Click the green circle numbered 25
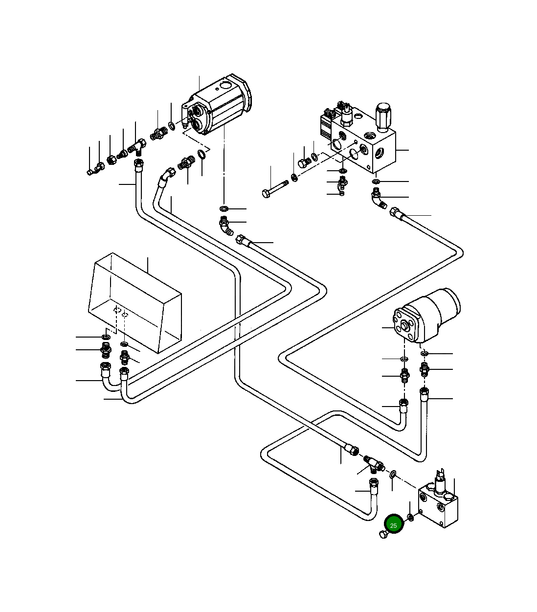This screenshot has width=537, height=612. click(394, 525)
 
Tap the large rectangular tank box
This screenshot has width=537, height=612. click(135, 303)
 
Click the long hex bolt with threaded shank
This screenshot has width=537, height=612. click(275, 188)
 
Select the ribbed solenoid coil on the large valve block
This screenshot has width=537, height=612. click(326, 127)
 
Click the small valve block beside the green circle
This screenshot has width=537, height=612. click(438, 504)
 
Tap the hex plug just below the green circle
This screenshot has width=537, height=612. click(383, 534)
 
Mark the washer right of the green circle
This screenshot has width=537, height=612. click(411, 518)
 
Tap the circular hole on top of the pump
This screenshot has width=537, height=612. click(225, 86)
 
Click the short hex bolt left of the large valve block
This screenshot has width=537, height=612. click(304, 162)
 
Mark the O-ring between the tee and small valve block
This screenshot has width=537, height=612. click(393, 475)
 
